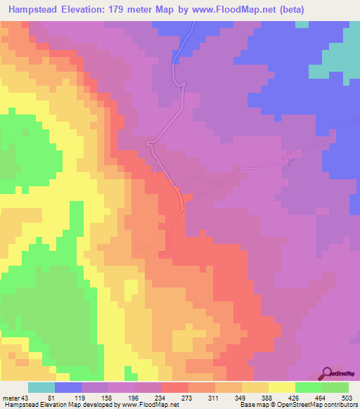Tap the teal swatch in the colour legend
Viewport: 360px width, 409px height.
(41, 388)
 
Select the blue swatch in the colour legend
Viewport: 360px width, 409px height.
(68, 388)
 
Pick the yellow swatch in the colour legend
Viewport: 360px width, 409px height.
(282, 388)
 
